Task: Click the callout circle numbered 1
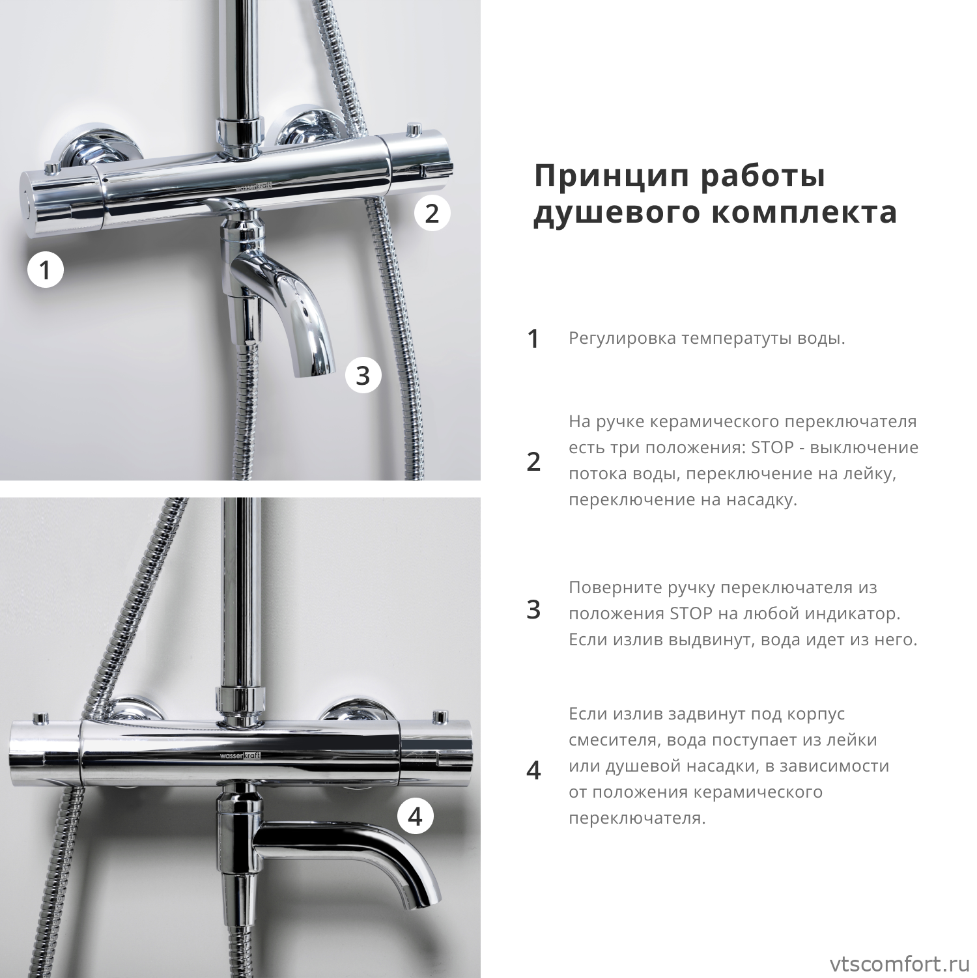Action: [45, 270]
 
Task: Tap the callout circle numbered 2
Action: [432, 213]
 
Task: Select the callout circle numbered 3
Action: [363, 376]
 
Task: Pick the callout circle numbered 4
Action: [415, 816]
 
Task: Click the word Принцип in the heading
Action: [612, 176]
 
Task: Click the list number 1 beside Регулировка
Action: [533, 339]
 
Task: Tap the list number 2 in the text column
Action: [533, 461]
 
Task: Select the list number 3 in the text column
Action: [533, 609]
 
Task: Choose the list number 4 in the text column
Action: [533, 770]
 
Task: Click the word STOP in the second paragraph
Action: [772, 448]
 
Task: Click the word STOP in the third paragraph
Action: [691, 614]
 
